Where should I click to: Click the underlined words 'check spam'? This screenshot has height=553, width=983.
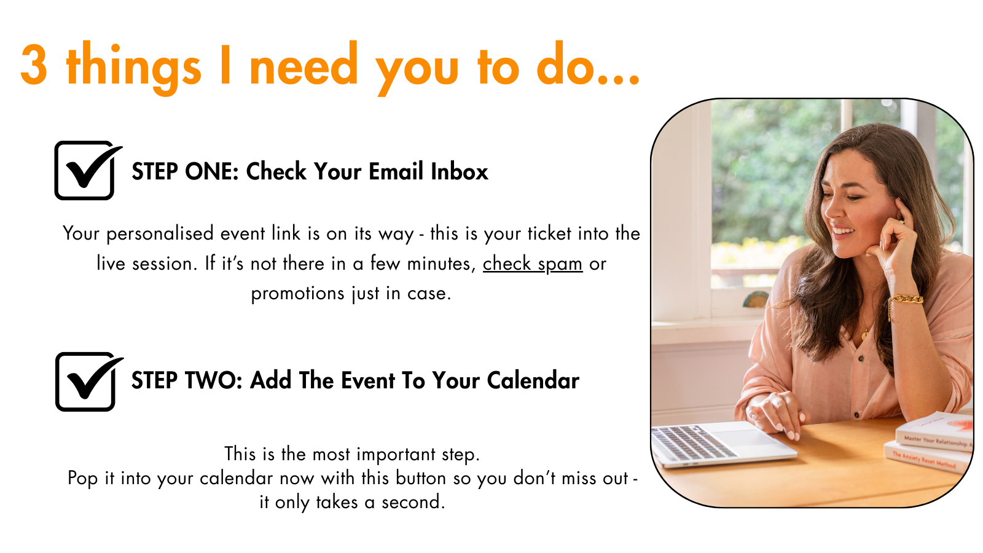click(532, 264)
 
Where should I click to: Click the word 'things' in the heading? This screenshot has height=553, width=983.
click(133, 68)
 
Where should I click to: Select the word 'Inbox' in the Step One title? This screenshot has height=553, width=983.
click(460, 171)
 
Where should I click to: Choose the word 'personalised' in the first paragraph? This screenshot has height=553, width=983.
click(160, 234)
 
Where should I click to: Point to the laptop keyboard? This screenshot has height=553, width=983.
click(694, 442)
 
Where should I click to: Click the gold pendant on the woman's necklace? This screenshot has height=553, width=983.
click(864, 335)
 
